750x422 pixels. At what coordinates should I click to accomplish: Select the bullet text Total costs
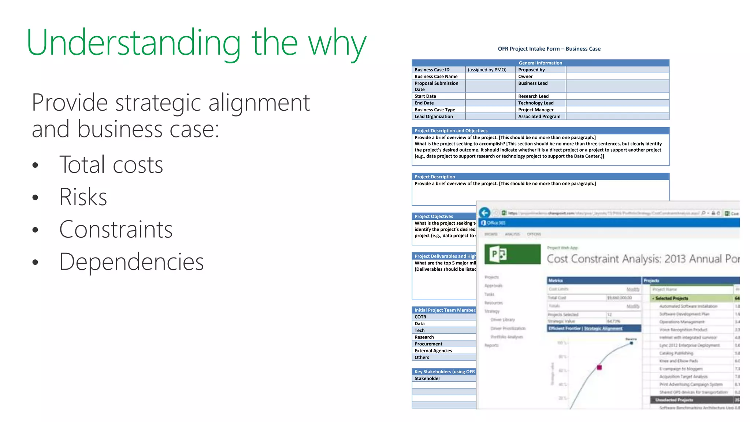[x=111, y=165]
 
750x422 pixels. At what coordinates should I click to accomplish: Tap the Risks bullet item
[x=83, y=197]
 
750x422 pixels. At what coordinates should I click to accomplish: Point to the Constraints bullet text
[x=116, y=230]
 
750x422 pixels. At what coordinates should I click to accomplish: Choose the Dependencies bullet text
[x=131, y=262]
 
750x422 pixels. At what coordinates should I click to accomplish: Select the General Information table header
[x=540, y=63]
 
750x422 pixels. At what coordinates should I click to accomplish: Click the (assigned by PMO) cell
[x=487, y=70]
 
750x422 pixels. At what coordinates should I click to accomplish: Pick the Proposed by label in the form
[x=531, y=70]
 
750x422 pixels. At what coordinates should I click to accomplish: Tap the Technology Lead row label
[x=536, y=103]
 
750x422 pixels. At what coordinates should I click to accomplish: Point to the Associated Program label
[x=539, y=116]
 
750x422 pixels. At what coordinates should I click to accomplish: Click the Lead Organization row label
[x=434, y=116]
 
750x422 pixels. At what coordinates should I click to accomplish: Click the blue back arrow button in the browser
[x=484, y=213]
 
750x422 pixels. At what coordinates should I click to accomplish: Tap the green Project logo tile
[x=512, y=254]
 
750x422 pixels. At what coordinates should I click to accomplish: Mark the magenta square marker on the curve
[x=599, y=367]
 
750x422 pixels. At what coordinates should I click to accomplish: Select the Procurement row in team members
[x=428, y=344]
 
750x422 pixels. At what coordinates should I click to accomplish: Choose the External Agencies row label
[x=433, y=351]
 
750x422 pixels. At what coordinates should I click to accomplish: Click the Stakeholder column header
[x=427, y=378]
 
